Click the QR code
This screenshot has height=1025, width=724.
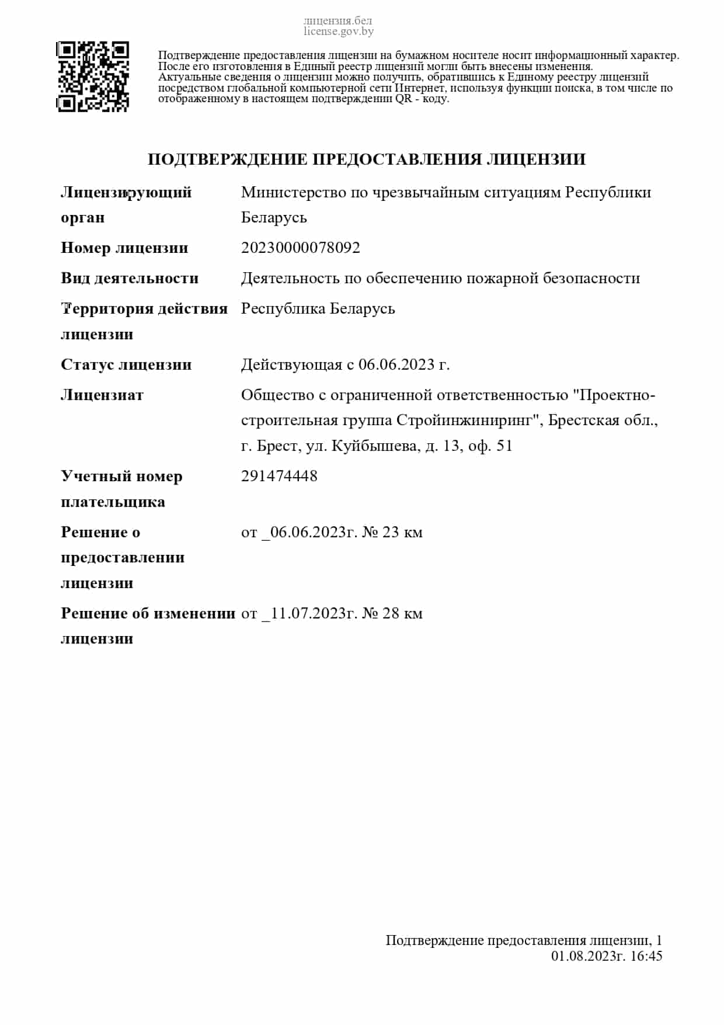[92, 77]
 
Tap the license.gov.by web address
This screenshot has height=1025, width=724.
[338, 32]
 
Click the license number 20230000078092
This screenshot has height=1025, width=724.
[301, 248]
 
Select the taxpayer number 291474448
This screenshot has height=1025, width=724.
[279, 476]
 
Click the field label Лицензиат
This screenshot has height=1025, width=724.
[102, 395]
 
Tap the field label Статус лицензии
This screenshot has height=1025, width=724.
[126, 364]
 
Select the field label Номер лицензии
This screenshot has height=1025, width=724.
[124, 248]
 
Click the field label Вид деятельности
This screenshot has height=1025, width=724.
[130, 278]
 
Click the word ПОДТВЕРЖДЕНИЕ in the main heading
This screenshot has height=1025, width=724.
[228, 159]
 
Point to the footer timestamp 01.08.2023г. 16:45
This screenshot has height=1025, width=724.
[607, 955]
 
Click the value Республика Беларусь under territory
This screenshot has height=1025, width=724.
[318, 308]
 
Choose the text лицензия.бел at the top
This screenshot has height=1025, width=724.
[337, 21]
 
